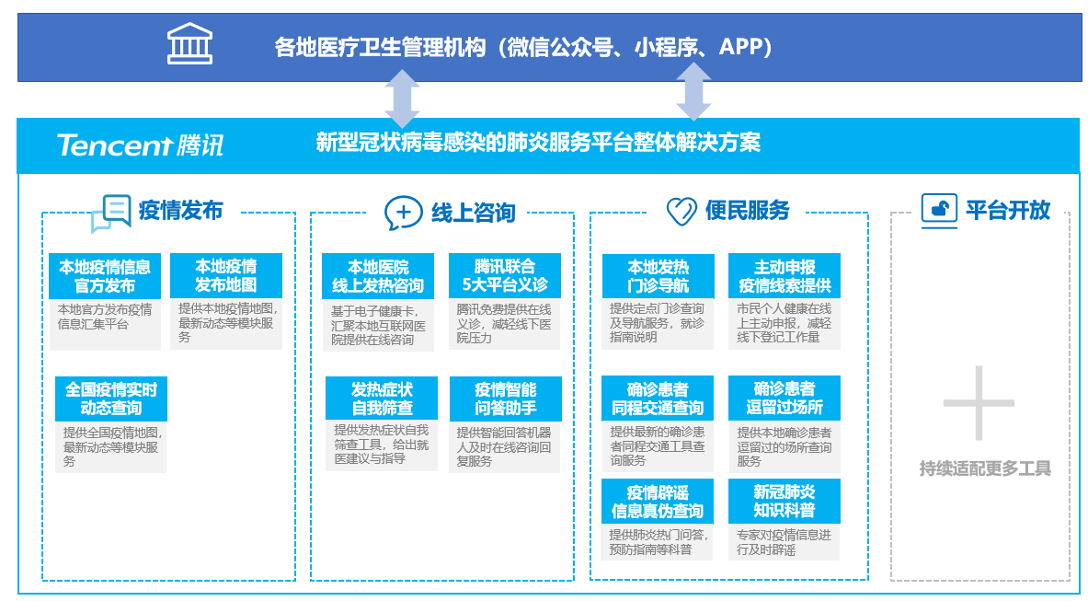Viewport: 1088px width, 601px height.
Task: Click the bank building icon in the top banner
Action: (x=189, y=44)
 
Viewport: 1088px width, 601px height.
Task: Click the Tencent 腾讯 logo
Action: (x=139, y=144)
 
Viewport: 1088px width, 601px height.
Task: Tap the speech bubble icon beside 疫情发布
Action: (x=111, y=213)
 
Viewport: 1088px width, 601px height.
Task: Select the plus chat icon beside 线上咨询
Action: (x=403, y=213)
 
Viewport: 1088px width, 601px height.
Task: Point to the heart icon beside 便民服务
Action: (x=681, y=212)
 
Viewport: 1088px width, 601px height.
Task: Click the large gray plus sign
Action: (x=979, y=402)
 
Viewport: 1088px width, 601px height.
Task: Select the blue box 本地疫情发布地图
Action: (x=225, y=275)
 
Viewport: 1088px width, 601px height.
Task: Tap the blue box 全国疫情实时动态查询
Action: (x=111, y=399)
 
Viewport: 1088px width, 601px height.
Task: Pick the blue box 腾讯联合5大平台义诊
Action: (x=504, y=275)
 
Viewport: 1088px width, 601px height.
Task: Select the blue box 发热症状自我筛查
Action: (x=382, y=399)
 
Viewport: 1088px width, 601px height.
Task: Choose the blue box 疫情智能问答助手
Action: (x=505, y=399)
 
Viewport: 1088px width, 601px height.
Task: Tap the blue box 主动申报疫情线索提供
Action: (x=784, y=275)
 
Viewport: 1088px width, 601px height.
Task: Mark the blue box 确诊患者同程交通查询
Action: (x=658, y=399)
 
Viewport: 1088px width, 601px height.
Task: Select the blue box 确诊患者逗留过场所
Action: (x=784, y=398)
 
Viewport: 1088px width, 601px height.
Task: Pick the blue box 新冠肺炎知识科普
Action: (x=784, y=501)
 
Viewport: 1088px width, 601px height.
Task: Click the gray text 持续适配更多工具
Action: (x=984, y=468)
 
